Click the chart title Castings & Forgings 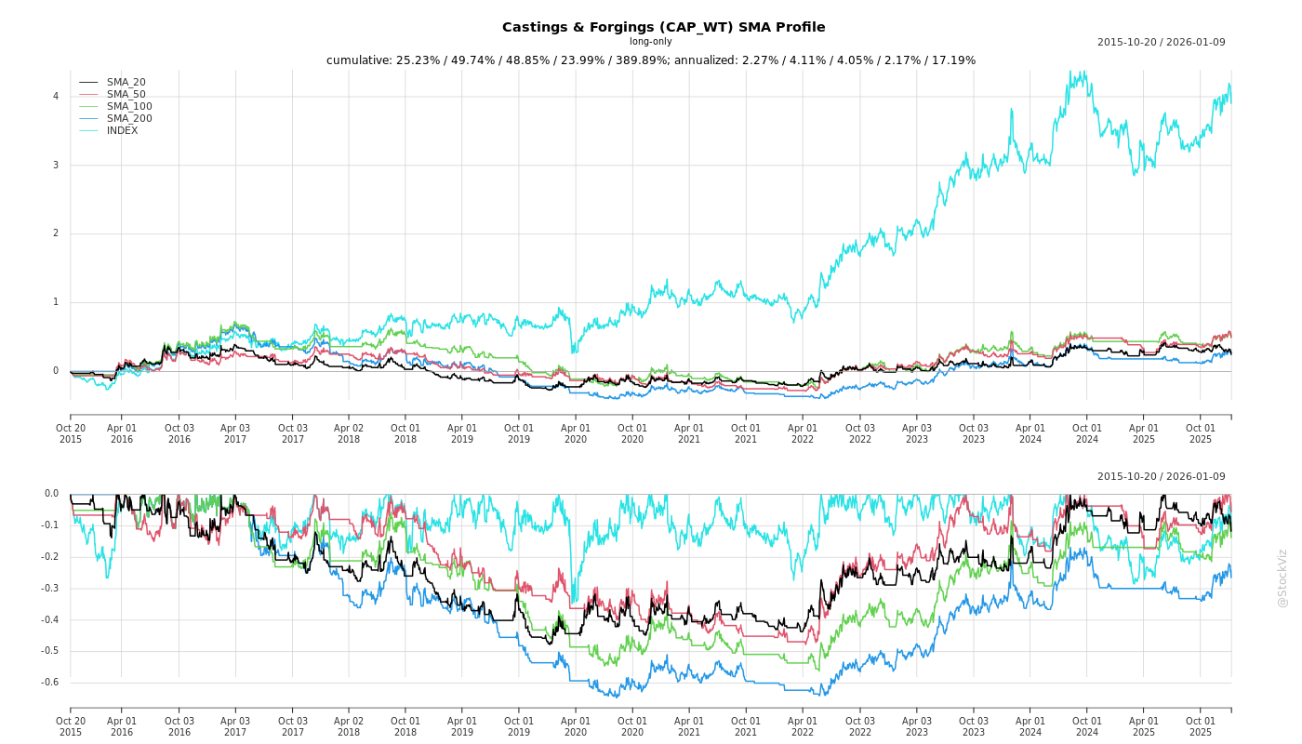click(663, 27)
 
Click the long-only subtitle click(650, 42)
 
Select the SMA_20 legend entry click(126, 83)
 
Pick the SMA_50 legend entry click(126, 95)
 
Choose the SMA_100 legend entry click(129, 107)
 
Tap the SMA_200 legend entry click(129, 119)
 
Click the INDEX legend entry click(122, 131)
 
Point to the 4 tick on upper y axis click(56, 97)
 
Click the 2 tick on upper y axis click(56, 233)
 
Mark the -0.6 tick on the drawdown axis click(51, 683)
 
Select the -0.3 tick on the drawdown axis click(51, 589)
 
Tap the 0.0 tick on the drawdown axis click(51, 494)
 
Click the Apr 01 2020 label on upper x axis click(576, 433)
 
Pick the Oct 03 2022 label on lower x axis click(859, 726)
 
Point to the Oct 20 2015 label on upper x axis click(71, 433)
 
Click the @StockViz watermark click(1282, 578)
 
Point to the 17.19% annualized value click(950, 61)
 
